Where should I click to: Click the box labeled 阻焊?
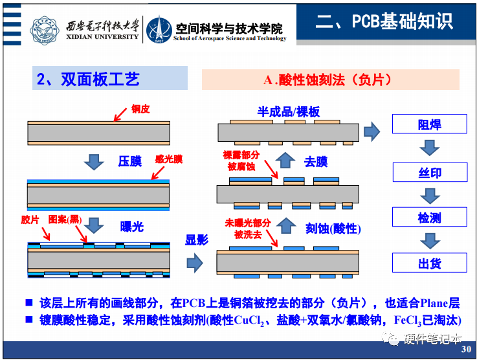(429, 124)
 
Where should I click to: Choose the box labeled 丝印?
(429, 172)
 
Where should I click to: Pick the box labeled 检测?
(429, 218)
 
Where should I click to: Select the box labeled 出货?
(429, 263)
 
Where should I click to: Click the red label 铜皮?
(140, 109)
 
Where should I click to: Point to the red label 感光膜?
(169, 158)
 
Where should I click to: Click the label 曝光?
(132, 226)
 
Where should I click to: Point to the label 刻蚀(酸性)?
(333, 228)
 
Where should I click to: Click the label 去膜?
(316, 161)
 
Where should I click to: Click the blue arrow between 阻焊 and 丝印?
(429, 148)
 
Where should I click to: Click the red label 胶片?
(30, 219)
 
